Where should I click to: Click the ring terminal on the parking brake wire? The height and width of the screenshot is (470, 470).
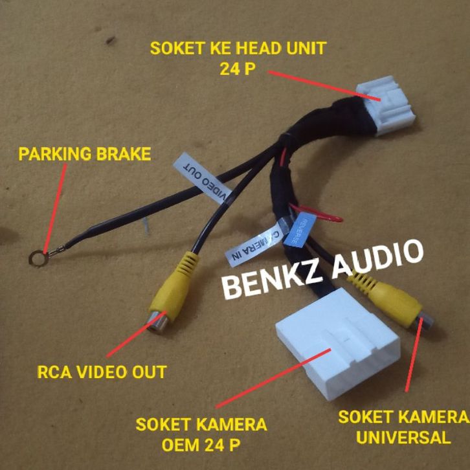(x=36, y=258)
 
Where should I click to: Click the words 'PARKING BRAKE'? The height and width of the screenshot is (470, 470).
(x=84, y=155)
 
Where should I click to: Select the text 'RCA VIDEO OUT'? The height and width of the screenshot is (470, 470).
(x=102, y=372)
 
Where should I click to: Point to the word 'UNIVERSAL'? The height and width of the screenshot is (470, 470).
(x=404, y=436)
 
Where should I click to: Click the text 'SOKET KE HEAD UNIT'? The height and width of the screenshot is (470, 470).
(x=238, y=48)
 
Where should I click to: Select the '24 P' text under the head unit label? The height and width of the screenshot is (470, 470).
(x=238, y=69)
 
